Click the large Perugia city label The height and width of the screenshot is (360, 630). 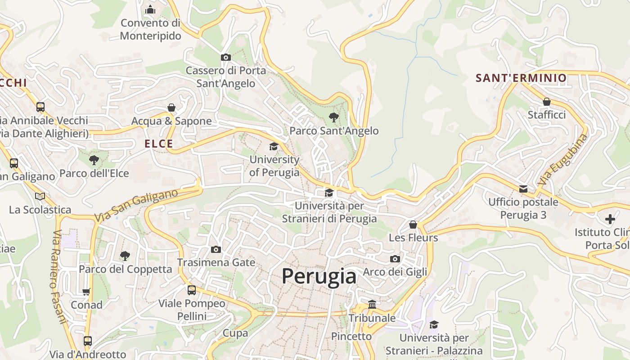coord(319,276)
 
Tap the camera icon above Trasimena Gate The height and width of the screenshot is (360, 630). coord(216,249)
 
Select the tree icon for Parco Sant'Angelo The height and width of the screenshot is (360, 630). coord(333,118)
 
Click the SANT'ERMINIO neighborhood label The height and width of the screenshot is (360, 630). coord(521,78)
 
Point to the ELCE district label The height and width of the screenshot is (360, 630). coord(159,144)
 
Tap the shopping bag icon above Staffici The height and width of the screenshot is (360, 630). coord(547,102)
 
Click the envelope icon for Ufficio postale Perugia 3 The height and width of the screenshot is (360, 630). coord(523,189)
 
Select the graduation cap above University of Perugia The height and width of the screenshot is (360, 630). coord(274,147)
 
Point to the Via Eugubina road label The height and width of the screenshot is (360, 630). coord(562,160)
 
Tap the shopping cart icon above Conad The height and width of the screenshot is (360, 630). coord(86,292)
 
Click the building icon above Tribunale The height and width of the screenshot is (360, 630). coord(372,305)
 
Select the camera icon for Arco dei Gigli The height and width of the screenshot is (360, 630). coord(395,259)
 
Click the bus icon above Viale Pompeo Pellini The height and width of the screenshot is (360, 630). coord(192,290)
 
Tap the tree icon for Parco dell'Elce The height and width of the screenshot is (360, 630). coord(94,160)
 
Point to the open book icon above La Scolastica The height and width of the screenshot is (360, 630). coord(40,196)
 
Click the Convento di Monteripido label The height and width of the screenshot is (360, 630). coord(150,29)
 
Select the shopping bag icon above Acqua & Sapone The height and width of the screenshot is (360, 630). coord(171,108)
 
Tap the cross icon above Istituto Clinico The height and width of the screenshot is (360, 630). coord(610,220)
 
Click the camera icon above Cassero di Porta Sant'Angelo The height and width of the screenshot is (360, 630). coord(226,57)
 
